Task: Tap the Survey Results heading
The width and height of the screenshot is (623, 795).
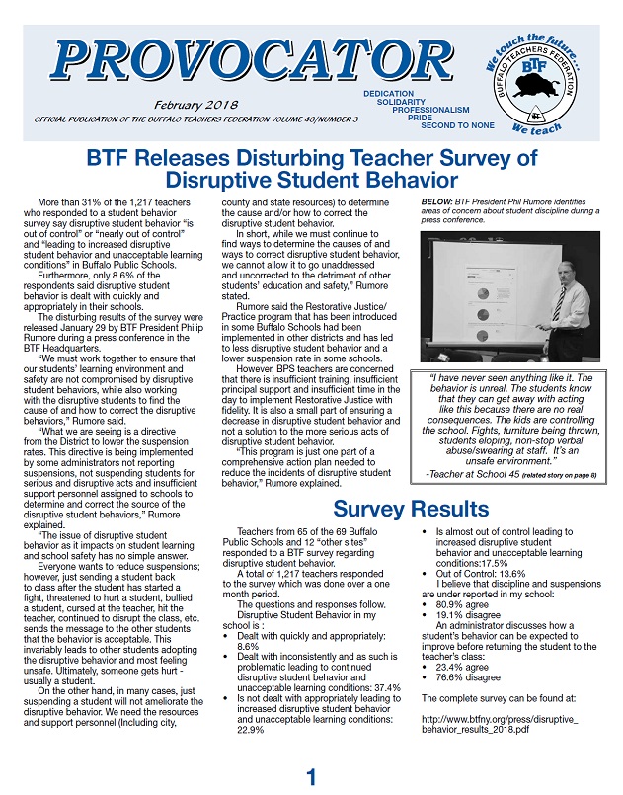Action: pos(410,510)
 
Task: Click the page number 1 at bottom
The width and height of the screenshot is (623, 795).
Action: pos(311,779)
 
